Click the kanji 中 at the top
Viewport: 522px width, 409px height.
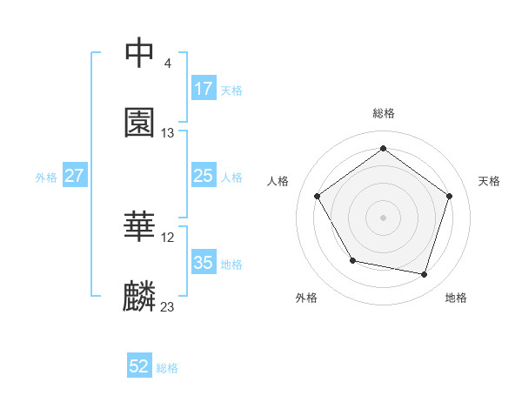tap(140, 54)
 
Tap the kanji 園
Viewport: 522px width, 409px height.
tap(140, 124)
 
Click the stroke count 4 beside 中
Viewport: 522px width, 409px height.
tap(167, 64)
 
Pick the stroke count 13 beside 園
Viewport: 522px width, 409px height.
tap(168, 133)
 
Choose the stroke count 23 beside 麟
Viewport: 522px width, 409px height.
tap(168, 307)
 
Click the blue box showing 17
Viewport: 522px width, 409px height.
tap(203, 89)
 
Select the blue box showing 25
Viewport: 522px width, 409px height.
tap(203, 176)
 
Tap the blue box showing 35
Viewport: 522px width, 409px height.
tap(203, 263)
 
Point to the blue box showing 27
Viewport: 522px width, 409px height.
tap(74, 176)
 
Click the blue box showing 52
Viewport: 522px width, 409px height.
tap(139, 367)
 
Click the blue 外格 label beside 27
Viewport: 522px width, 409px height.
tap(46, 177)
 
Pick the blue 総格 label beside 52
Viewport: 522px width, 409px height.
tap(167, 368)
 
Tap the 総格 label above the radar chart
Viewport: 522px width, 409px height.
tap(384, 113)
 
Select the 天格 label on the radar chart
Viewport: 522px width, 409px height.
tap(489, 181)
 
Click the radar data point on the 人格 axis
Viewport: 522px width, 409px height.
tap(318, 196)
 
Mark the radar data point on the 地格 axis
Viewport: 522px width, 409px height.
tap(425, 274)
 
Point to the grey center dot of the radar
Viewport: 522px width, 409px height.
tap(384, 217)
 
